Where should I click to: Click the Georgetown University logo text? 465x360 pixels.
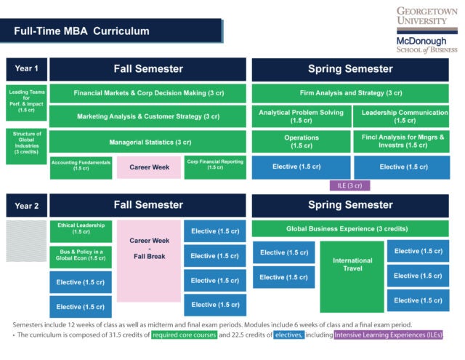(x=426, y=17)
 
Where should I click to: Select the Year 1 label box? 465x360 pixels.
(x=26, y=70)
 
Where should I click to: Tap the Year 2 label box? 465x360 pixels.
(x=26, y=205)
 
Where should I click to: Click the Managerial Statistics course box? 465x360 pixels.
(x=150, y=142)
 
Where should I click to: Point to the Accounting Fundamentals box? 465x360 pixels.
(x=81, y=167)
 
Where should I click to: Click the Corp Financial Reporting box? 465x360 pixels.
(x=215, y=167)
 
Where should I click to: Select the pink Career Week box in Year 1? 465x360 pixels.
(x=149, y=167)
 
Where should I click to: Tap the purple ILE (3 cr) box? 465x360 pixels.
(x=349, y=185)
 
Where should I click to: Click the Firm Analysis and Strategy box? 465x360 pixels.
(x=350, y=94)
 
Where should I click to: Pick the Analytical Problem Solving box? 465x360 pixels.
(x=300, y=116)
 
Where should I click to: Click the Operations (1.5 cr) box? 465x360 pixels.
(x=300, y=141)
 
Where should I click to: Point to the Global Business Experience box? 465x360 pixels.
(x=350, y=228)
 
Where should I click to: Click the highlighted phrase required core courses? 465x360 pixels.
(x=185, y=335)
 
